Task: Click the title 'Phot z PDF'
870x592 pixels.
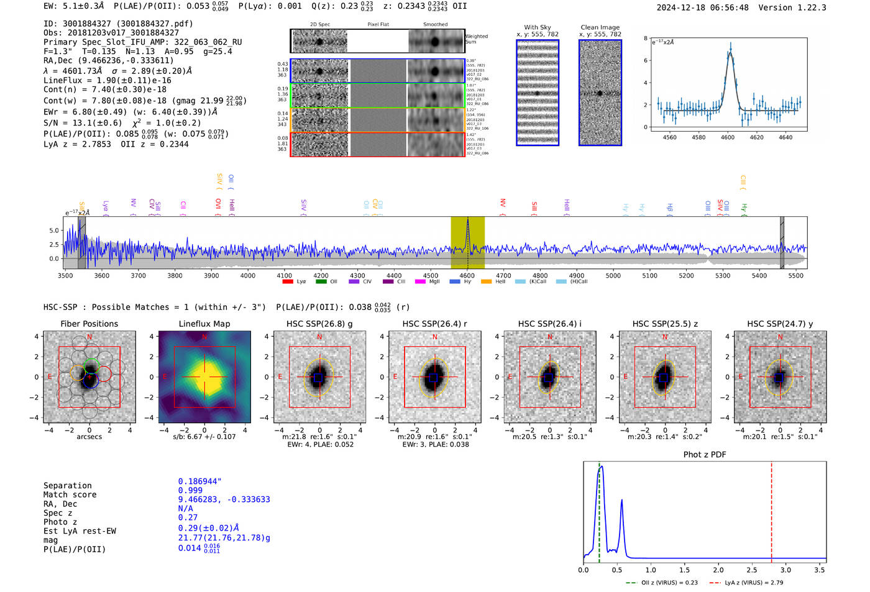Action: pos(705,455)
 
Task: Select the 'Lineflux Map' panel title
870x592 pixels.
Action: pos(204,324)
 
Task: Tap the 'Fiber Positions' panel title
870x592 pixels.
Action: pos(89,324)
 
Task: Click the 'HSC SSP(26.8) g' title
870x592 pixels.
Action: pos(319,324)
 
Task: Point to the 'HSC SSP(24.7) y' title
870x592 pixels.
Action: pos(780,324)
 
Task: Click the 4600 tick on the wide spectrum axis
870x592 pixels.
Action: pos(467,276)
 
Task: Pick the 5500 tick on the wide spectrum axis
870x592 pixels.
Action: pos(796,276)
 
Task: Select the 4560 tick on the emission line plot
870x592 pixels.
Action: pos(669,137)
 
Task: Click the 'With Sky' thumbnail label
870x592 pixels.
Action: pos(538,27)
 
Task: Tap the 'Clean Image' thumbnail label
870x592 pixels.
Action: pos(600,27)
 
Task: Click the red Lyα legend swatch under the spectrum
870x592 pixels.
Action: pos(288,282)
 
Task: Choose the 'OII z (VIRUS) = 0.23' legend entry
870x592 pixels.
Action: pos(662,583)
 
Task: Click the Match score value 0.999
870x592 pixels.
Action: pos(190,491)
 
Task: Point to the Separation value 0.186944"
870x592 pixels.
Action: pos(199,481)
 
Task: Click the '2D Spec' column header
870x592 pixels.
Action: pos(319,25)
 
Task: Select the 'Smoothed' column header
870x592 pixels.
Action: pos(435,25)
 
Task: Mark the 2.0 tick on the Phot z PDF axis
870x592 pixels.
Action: pos(718,570)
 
